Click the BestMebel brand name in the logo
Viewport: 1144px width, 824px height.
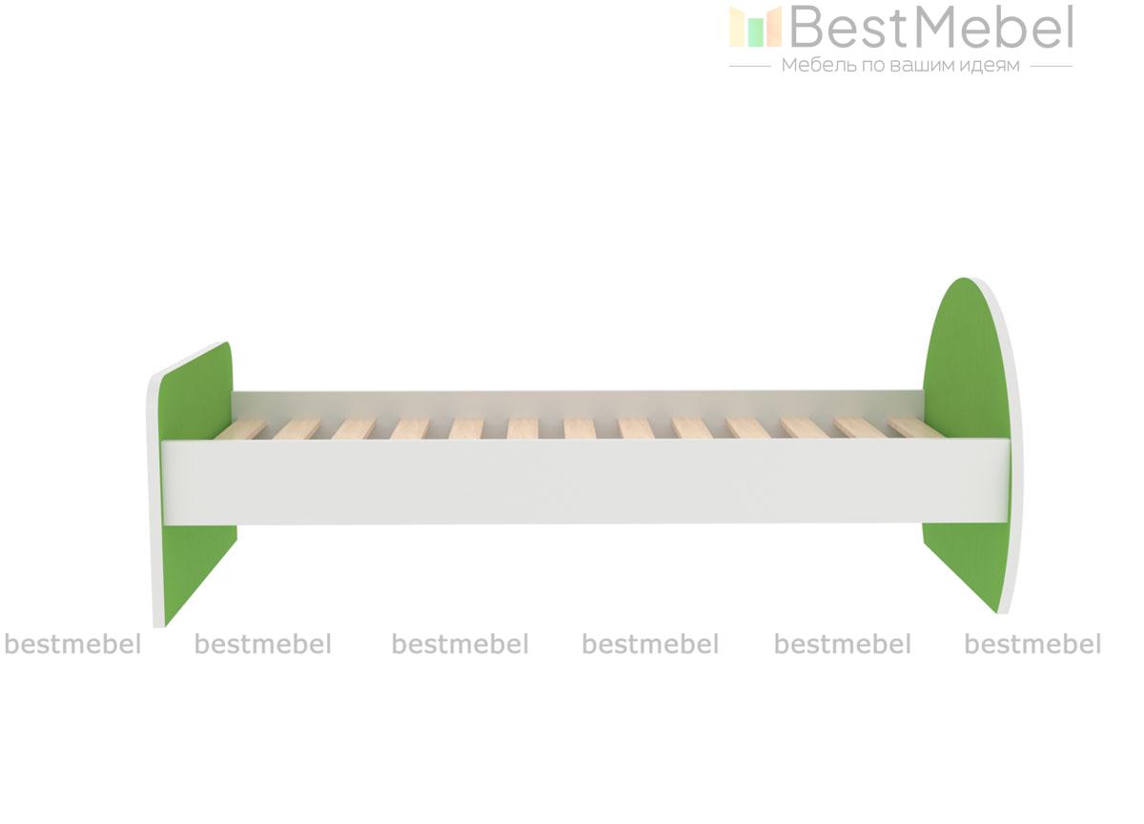(x=931, y=27)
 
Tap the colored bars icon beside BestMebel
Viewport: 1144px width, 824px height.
(x=755, y=27)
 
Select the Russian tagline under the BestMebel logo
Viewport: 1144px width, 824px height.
(x=901, y=66)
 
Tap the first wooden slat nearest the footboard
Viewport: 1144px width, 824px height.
(x=241, y=429)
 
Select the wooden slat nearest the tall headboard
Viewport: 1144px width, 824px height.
(x=915, y=427)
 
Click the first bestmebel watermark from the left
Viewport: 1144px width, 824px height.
(x=72, y=644)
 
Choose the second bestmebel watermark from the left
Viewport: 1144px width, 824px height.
(x=263, y=644)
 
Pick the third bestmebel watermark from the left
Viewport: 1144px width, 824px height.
(x=460, y=644)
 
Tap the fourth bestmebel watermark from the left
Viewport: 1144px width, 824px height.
(x=650, y=644)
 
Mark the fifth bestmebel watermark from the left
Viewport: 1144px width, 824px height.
(x=843, y=644)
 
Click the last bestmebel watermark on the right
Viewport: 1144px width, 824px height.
(x=1032, y=644)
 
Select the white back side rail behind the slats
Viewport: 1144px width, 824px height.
(x=577, y=404)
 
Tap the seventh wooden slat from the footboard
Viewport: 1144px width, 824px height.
(x=580, y=428)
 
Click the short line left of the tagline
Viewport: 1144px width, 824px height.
(x=749, y=67)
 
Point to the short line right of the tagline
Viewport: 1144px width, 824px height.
(x=1052, y=67)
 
